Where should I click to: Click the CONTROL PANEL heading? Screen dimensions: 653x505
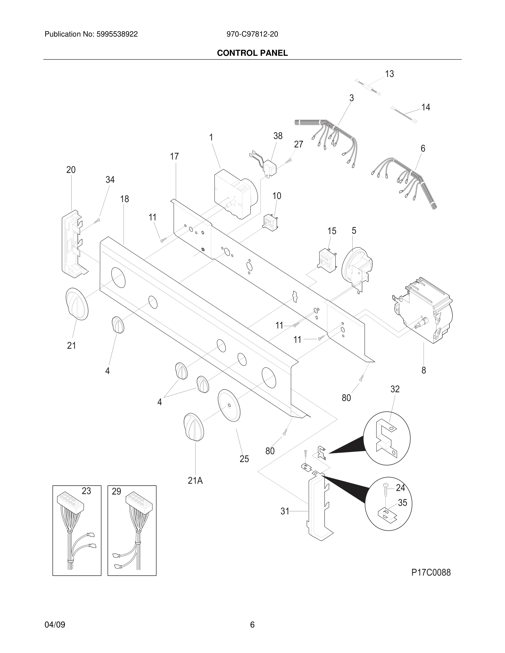pyautogui.click(x=252, y=53)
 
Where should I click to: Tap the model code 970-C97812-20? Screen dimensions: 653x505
pyautogui.click(x=252, y=34)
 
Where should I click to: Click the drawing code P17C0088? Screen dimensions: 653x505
pyautogui.click(x=431, y=572)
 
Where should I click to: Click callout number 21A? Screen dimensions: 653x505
pyautogui.click(x=195, y=480)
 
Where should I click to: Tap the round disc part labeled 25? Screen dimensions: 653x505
pyautogui.click(x=229, y=406)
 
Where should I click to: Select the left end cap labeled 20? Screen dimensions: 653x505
pyautogui.click(x=73, y=242)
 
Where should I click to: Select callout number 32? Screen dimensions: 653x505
pyautogui.click(x=395, y=389)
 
